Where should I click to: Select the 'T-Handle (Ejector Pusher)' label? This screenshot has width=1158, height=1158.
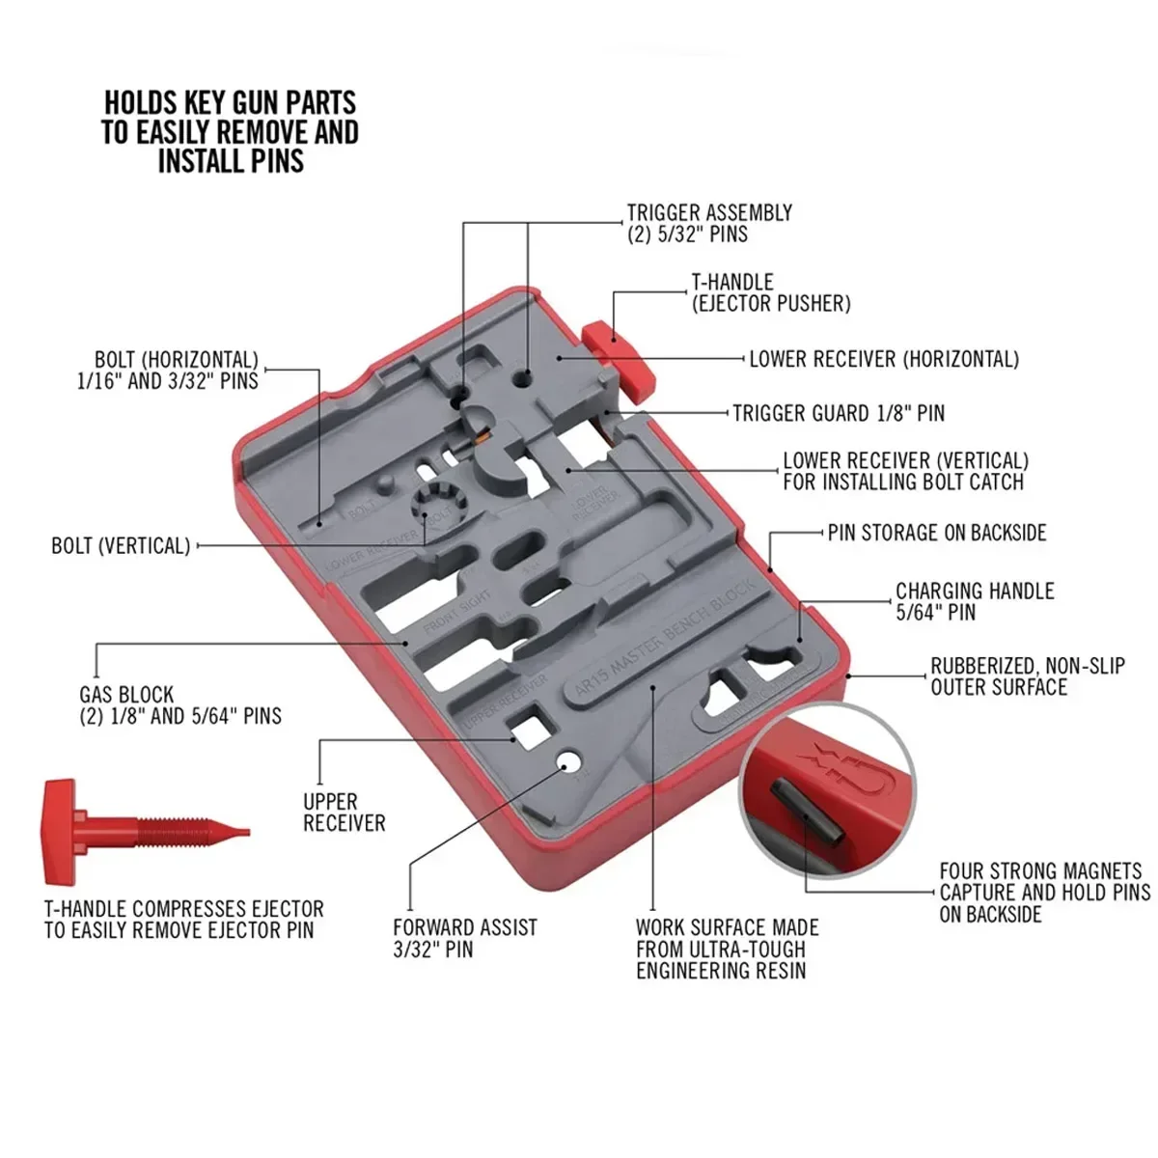click(770, 292)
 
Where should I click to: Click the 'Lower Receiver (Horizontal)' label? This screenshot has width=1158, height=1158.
click(883, 359)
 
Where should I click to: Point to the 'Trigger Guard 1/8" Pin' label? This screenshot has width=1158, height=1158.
click(838, 413)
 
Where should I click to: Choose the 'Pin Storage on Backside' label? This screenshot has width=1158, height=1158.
click(936, 533)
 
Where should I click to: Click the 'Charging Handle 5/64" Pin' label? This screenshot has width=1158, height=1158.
click(974, 601)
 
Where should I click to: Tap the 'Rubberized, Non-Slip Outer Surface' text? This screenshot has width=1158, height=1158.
click(1027, 676)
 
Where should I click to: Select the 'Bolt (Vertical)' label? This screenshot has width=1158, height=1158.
click(121, 546)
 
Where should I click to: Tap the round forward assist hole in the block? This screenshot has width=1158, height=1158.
click(571, 764)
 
